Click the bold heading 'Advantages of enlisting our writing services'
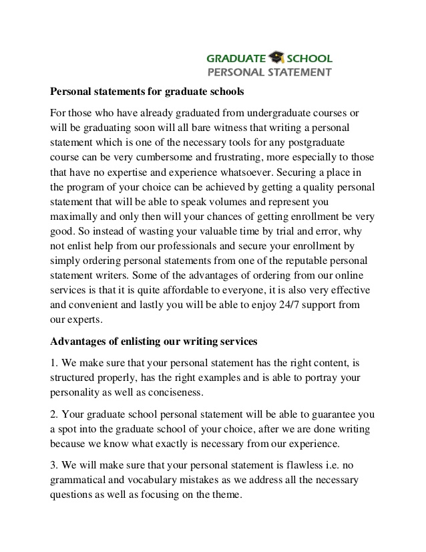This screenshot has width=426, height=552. [154, 342]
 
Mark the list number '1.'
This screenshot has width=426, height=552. [55, 362]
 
